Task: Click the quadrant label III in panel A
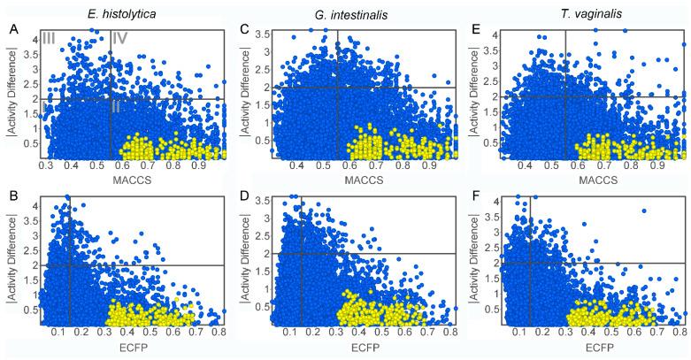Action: pyautogui.click(x=50, y=38)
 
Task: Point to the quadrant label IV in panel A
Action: pyautogui.click(x=121, y=38)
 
